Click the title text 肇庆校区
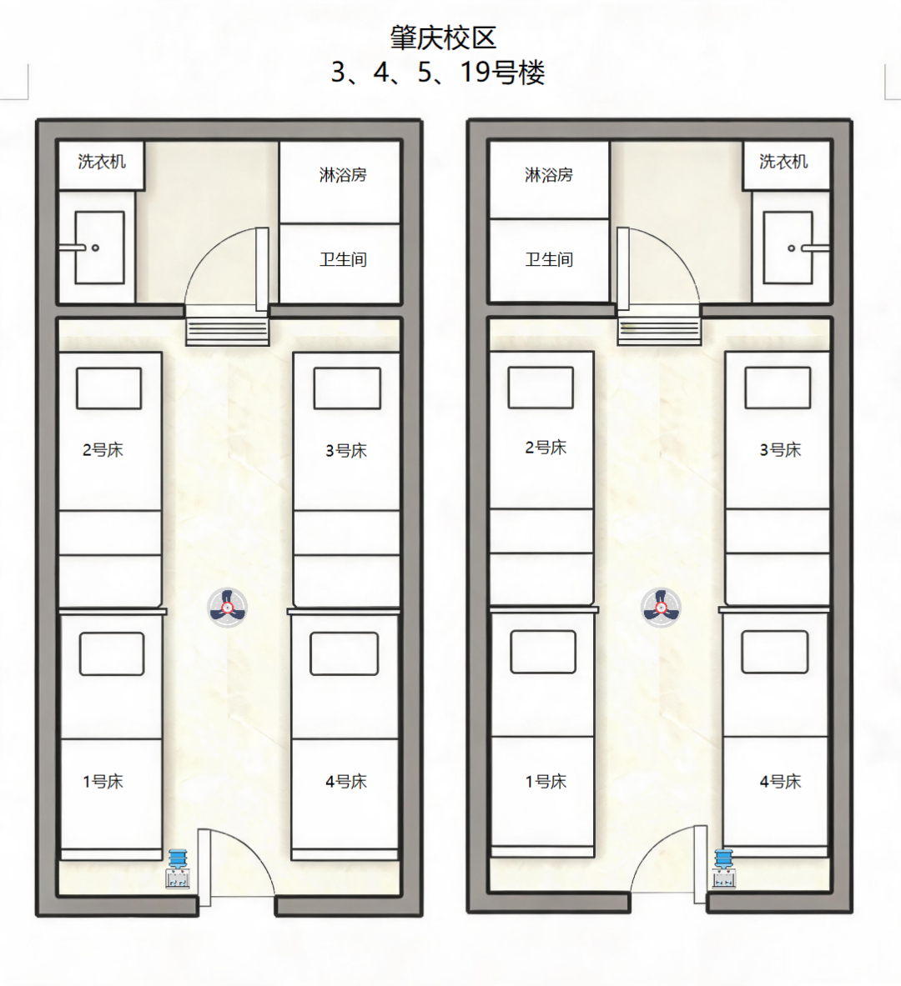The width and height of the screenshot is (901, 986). click(x=443, y=38)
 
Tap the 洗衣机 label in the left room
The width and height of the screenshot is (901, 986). click(x=102, y=162)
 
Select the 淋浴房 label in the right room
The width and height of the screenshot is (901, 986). click(x=549, y=175)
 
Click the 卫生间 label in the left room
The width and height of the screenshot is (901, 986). click(x=343, y=259)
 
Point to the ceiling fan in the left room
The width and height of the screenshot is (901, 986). click(x=227, y=608)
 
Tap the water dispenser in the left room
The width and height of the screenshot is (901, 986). click(x=178, y=868)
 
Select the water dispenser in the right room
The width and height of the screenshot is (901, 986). click(x=723, y=868)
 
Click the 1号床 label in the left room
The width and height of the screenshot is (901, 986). click(x=103, y=782)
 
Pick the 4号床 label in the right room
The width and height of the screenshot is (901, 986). click(x=780, y=782)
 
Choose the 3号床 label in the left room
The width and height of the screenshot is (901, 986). click(x=345, y=450)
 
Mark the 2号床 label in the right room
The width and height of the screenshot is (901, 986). click(x=546, y=448)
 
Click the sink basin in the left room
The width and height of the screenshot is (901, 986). click(x=99, y=248)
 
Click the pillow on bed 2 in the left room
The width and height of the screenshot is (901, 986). click(x=109, y=388)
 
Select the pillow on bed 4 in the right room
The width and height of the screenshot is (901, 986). click(x=774, y=652)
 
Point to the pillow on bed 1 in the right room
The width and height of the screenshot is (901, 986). click(x=543, y=652)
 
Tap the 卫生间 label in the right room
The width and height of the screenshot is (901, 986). click(x=549, y=259)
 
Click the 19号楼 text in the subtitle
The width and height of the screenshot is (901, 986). click(x=502, y=73)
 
